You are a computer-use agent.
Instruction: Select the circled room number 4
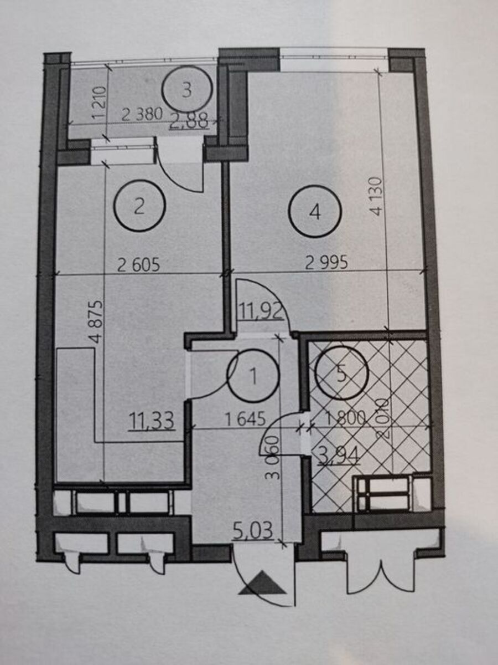[315, 212]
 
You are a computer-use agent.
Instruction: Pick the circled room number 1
[253, 376]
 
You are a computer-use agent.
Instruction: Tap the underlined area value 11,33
[151, 421]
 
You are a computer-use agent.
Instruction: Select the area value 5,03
[253, 531]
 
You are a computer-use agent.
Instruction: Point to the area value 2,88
[190, 121]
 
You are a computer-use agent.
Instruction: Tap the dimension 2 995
[327, 264]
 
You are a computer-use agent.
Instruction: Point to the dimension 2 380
[142, 115]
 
